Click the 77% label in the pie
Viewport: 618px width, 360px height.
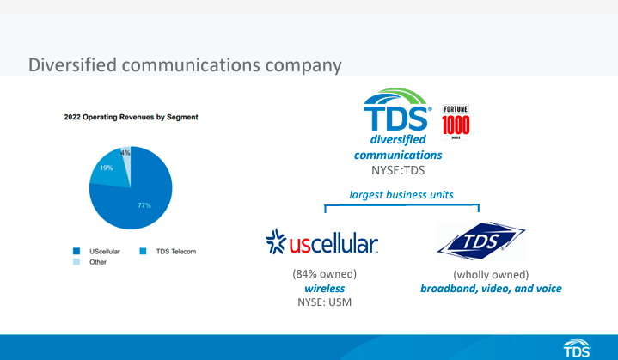(144, 205)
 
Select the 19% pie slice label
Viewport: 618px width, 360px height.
(107, 168)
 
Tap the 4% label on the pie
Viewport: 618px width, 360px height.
(125, 153)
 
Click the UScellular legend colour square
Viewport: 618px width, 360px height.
(76, 251)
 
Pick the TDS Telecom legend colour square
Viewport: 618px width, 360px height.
(143, 251)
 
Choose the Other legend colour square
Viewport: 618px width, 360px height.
(76, 262)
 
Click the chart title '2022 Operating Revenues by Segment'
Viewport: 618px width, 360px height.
(131, 117)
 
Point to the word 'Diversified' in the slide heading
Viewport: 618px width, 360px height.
(72, 65)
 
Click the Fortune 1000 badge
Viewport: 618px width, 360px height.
(456, 122)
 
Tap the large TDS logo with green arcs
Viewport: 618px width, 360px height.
(397, 109)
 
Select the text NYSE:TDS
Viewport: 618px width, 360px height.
(398, 170)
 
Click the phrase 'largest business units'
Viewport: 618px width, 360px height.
(401, 194)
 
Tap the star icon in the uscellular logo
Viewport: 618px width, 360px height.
(276, 241)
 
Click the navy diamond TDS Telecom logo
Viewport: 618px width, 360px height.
(480, 241)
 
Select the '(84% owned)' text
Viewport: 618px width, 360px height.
(324, 274)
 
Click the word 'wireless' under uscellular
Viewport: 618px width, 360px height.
(325, 289)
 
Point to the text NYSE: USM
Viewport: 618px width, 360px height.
(324, 302)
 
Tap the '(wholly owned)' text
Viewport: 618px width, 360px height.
(491, 275)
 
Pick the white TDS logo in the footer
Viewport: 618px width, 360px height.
(577, 348)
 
